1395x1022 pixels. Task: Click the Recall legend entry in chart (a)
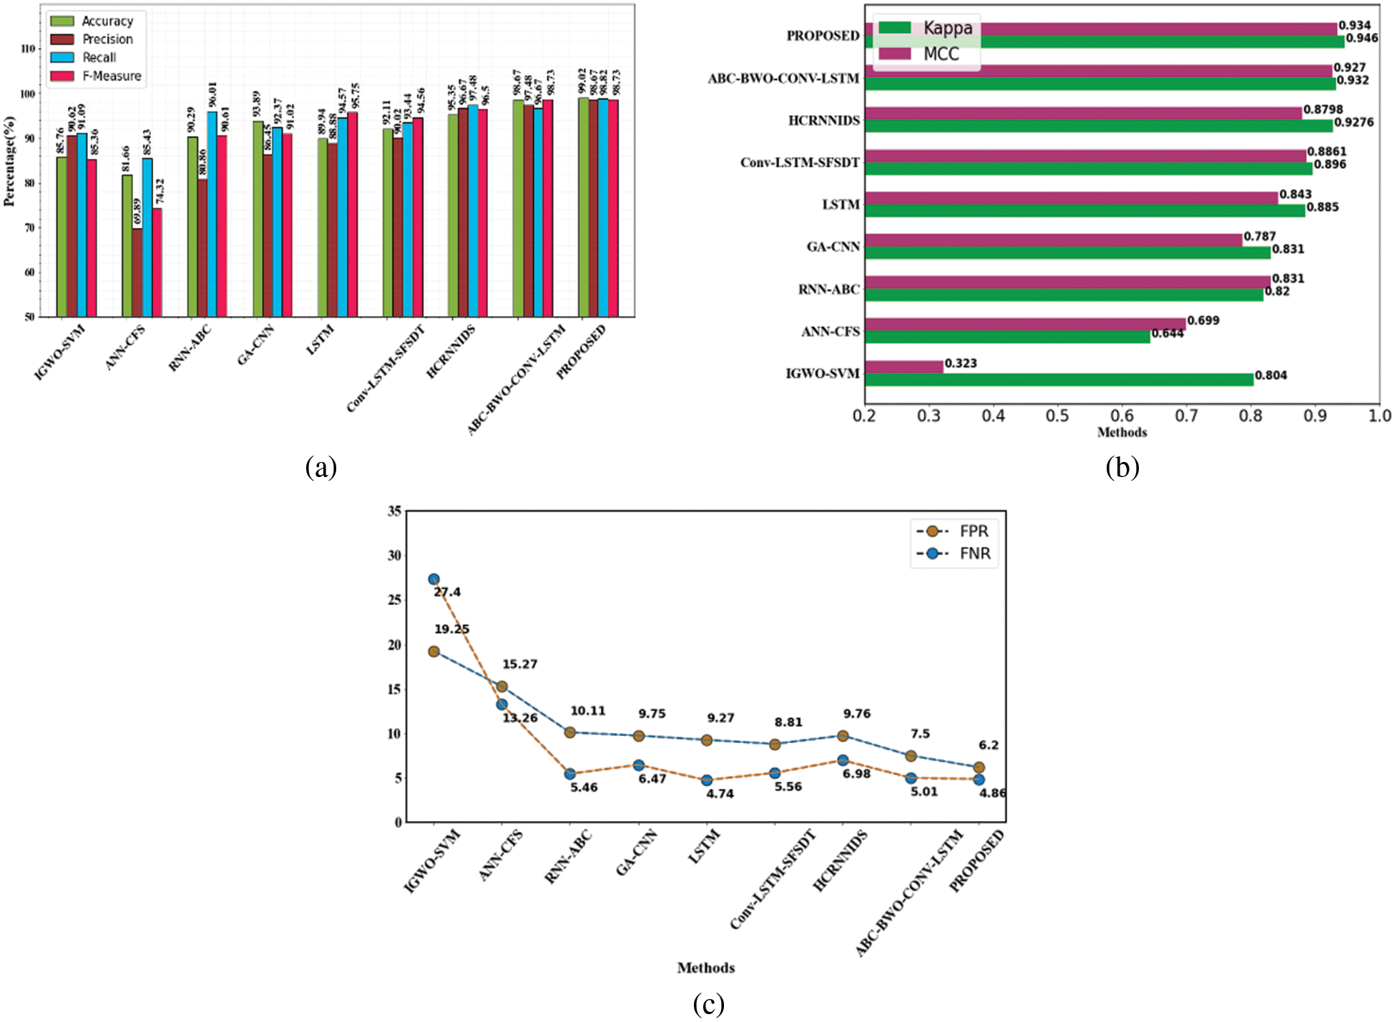pyautogui.click(x=99, y=57)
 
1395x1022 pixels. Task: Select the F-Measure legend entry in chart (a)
pyautogui.click(x=111, y=76)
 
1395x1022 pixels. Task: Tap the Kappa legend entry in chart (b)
pyautogui.click(x=947, y=28)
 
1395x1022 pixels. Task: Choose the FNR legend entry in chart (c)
pyautogui.click(x=974, y=554)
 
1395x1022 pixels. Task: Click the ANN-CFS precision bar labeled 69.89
pyautogui.click(x=137, y=272)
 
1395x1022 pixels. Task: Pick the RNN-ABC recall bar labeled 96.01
pyautogui.click(x=212, y=214)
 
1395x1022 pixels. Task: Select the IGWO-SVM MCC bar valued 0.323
pyautogui.click(x=904, y=367)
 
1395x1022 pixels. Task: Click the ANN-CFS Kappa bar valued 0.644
pyautogui.click(x=1007, y=337)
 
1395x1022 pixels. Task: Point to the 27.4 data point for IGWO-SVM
pyautogui.click(x=434, y=579)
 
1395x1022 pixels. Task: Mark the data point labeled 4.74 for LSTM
pyautogui.click(x=707, y=780)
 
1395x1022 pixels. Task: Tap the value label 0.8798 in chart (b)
pyautogui.click(x=1323, y=109)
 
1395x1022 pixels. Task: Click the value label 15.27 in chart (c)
pyautogui.click(x=519, y=664)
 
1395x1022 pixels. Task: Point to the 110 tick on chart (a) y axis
pyautogui.click(x=28, y=49)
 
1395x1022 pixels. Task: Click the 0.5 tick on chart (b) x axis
pyautogui.click(x=1057, y=416)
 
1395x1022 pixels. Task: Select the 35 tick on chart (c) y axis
pyautogui.click(x=394, y=511)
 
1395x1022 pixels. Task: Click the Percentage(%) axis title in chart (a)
pyautogui.click(x=9, y=161)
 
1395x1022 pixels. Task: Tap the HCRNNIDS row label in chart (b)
pyautogui.click(x=824, y=120)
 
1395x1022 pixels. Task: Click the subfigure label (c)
pyautogui.click(x=708, y=1004)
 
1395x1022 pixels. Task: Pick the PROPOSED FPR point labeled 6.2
pyautogui.click(x=979, y=767)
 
